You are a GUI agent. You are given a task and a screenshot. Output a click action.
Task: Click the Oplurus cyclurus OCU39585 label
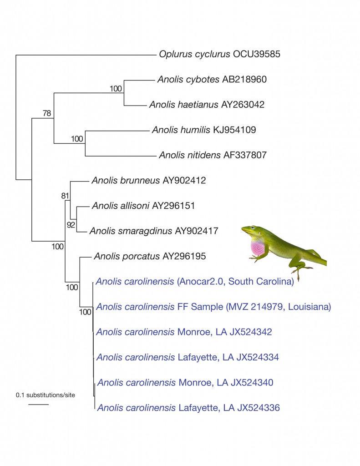click(x=219, y=54)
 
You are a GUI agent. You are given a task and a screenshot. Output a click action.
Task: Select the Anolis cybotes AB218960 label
click(x=212, y=79)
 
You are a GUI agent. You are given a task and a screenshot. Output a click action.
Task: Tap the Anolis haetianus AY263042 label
click(x=207, y=105)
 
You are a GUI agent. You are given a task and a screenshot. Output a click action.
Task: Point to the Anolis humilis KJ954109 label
click(x=204, y=130)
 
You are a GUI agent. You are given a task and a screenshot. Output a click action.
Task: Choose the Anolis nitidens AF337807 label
click(x=213, y=155)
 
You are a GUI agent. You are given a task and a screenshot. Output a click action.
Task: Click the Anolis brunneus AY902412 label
click(x=149, y=180)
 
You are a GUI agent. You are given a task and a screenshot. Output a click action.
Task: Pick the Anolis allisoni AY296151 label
click(x=143, y=206)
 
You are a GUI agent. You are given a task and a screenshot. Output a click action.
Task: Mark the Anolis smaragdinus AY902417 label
click(x=154, y=231)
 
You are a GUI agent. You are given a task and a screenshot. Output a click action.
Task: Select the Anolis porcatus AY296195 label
click(x=150, y=256)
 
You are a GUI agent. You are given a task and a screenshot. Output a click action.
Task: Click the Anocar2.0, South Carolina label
click(x=235, y=281)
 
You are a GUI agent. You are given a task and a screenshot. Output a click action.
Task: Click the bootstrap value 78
click(x=47, y=113)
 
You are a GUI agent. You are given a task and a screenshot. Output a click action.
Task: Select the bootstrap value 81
click(x=65, y=196)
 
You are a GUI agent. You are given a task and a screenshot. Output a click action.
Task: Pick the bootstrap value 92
click(x=71, y=225)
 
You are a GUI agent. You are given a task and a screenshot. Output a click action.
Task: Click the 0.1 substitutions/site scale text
click(x=46, y=395)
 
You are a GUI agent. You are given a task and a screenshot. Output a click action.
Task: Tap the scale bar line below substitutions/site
click(x=39, y=404)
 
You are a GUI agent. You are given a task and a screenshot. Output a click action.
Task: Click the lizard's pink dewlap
click(x=258, y=248)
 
